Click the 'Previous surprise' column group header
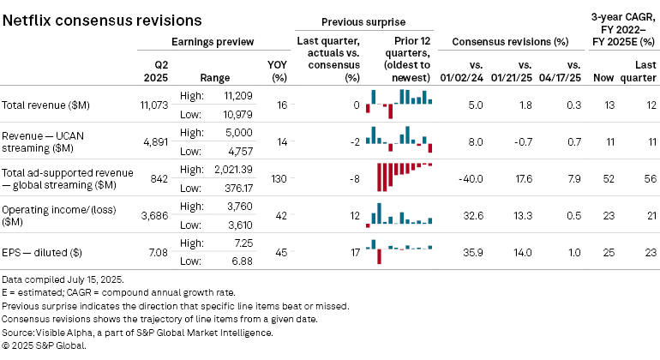pyautogui.click(x=363, y=21)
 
